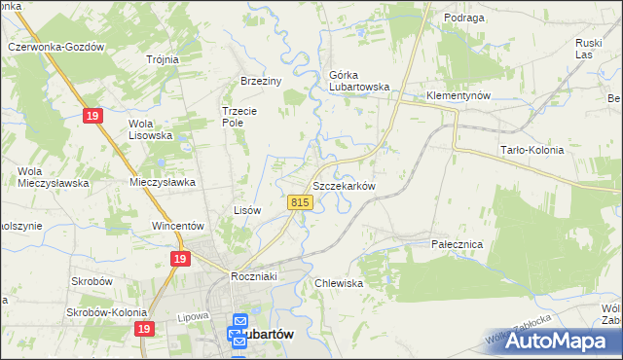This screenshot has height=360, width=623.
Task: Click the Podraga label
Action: point(437,18)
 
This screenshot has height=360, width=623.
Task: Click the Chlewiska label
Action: point(339,283)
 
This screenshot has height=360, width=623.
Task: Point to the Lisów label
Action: point(248,210)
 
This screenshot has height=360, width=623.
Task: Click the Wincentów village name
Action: point(176,226)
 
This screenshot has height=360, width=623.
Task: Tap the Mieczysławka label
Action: point(164,182)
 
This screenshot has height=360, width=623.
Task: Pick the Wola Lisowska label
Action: point(151,129)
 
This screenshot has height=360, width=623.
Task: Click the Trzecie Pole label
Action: point(239,117)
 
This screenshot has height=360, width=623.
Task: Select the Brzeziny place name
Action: point(261,82)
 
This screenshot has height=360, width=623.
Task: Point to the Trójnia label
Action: point(163,59)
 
